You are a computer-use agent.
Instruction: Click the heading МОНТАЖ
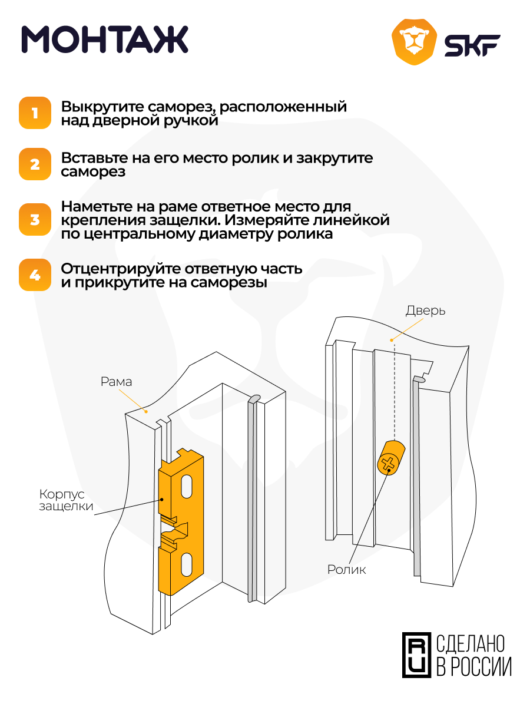pyautogui.click(x=105, y=40)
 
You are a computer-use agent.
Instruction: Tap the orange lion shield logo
pyautogui.click(x=415, y=42)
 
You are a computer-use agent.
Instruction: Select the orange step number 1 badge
pyautogui.click(x=35, y=113)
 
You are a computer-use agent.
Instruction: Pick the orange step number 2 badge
pyautogui.click(x=35, y=164)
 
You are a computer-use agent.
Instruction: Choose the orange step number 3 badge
pyautogui.click(x=35, y=220)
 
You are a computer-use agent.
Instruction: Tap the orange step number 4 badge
pyautogui.click(x=35, y=275)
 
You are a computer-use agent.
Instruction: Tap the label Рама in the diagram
pyautogui.click(x=116, y=382)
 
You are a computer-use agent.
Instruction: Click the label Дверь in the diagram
pyautogui.click(x=425, y=310)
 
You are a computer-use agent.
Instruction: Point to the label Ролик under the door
pyautogui.click(x=346, y=570)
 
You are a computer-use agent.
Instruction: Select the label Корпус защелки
pyautogui.click(x=65, y=500)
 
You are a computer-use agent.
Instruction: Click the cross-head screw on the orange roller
pyautogui.click(x=387, y=464)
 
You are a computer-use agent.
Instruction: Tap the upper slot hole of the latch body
pyautogui.click(x=187, y=487)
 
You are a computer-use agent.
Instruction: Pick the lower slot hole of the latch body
pyautogui.click(x=185, y=564)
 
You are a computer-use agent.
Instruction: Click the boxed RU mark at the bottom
pyautogui.click(x=416, y=655)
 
